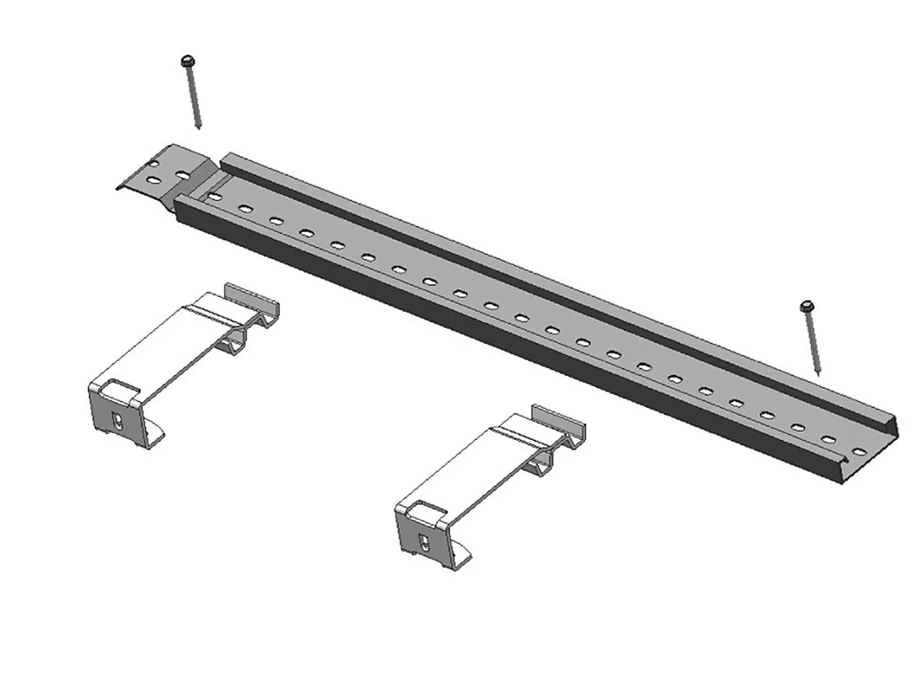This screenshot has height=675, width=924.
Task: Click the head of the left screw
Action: click(188, 60)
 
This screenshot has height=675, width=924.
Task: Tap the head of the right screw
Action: click(806, 307)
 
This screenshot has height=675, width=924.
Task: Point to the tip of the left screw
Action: click(199, 128)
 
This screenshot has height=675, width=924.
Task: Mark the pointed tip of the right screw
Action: click(819, 374)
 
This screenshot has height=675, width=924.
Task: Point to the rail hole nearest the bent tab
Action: click(214, 196)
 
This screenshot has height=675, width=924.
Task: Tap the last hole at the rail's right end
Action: click(859, 452)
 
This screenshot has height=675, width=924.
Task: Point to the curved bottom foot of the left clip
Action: click(154, 438)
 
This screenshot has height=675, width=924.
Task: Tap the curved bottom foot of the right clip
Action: click(461, 560)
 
